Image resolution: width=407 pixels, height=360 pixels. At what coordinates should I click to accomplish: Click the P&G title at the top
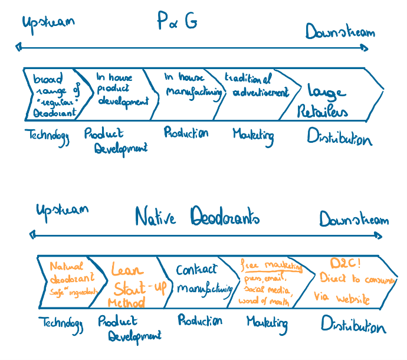point(177,21)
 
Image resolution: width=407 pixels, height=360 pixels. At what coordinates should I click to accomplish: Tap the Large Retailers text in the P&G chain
point(326,101)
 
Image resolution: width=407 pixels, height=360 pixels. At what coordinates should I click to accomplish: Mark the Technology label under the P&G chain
point(47,135)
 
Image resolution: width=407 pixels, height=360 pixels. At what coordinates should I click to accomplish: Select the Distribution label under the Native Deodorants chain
point(353,325)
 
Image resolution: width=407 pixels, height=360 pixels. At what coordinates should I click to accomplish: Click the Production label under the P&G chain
point(186,133)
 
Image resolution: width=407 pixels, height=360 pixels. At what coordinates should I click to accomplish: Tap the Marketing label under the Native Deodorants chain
point(267,323)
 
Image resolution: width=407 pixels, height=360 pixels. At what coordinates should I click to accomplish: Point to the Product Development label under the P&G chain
point(115,141)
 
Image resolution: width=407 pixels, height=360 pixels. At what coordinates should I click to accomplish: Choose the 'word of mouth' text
point(265,300)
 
